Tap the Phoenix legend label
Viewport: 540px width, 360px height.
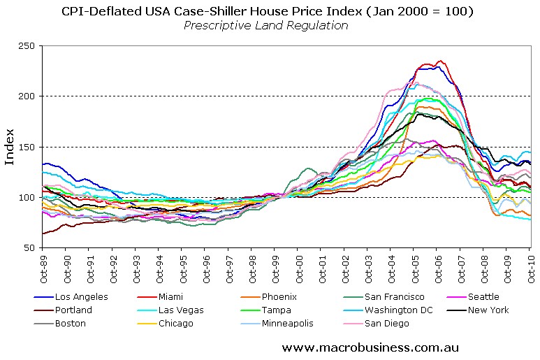tap(279, 297)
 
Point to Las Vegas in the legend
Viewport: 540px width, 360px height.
tap(182, 310)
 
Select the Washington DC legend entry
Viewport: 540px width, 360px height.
tap(396, 310)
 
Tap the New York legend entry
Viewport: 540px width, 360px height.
tap(490, 310)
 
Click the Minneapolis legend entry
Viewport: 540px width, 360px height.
tap(288, 323)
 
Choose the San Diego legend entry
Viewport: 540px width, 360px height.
tap(386, 323)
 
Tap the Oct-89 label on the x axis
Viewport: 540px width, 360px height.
tap(43, 266)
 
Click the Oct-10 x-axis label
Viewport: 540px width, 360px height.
tap(530, 266)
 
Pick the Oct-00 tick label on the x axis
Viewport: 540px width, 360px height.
tap(298, 266)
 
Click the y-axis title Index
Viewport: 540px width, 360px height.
tap(10, 147)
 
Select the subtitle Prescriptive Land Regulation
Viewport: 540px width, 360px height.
tap(265, 26)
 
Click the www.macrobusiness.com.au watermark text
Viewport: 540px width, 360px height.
tap(370, 347)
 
